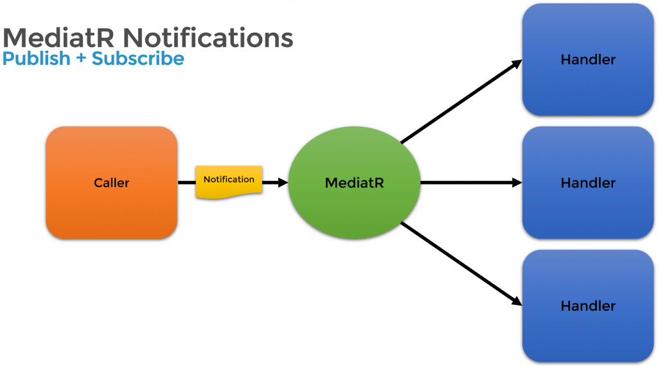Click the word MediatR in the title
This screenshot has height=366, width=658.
[x=59, y=38]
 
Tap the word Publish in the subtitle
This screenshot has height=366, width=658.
[x=36, y=59]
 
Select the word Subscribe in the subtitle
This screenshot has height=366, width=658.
[x=138, y=59]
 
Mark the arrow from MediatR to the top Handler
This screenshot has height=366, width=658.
[x=459, y=102]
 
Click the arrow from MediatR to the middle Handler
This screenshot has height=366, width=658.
[x=469, y=183]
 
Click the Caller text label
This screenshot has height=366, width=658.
[x=111, y=183]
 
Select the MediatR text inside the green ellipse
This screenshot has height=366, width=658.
[x=354, y=183]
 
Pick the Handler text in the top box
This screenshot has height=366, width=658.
[x=588, y=60]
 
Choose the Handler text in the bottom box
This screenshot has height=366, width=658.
[x=588, y=306]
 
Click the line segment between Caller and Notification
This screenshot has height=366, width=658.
[x=186, y=183]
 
